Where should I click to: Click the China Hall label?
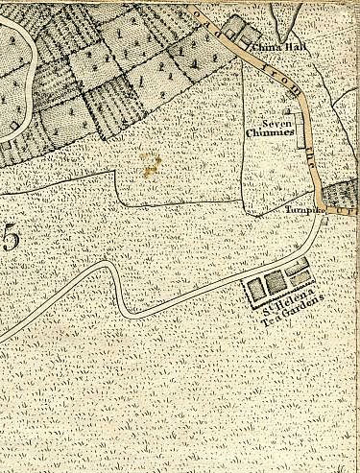(269, 46)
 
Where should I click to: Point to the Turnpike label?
(300, 210)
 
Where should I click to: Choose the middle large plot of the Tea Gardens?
(276, 281)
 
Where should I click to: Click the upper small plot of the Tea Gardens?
(300, 266)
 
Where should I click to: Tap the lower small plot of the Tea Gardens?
(300, 277)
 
